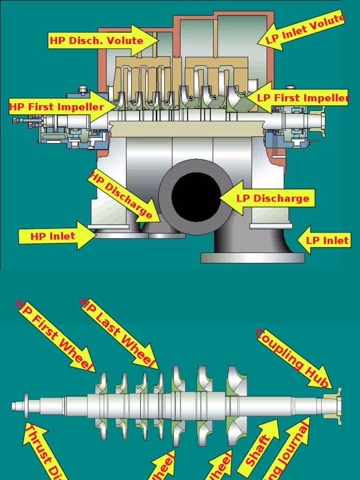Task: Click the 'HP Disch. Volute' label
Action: (x=96, y=40)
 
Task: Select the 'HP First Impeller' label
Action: (x=57, y=107)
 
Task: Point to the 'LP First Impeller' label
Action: (x=303, y=98)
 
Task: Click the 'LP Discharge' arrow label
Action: (x=272, y=198)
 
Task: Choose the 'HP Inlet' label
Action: (x=52, y=236)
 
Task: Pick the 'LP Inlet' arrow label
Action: (x=327, y=240)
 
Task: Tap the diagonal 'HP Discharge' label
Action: (x=121, y=195)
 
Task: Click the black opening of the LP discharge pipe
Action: (x=196, y=197)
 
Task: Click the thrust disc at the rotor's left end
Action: (x=26, y=405)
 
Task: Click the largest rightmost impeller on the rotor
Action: (x=237, y=406)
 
